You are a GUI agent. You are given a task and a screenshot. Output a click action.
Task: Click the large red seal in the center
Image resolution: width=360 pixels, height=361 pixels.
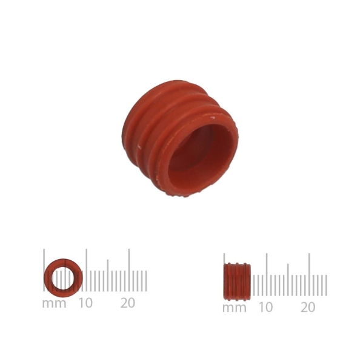(x=179, y=138)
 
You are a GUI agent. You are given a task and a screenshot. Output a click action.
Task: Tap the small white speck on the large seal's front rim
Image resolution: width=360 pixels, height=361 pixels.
(x=213, y=118)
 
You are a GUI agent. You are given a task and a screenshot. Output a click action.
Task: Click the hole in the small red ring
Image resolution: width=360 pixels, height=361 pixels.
(x=63, y=278)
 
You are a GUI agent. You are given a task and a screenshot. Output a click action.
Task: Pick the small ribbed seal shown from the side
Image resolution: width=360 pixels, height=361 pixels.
(x=237, y=282)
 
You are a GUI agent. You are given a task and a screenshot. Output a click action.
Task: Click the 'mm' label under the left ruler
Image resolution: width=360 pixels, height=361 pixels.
(x=55, y=304)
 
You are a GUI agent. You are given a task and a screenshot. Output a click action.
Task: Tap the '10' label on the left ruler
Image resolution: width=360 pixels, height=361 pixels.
(x=85, y=303)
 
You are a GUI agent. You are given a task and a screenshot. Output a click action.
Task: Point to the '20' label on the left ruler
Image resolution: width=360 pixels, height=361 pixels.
(x=128, y=303)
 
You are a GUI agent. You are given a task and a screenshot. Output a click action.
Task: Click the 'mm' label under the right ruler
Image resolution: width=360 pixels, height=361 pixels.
(x=235, y=308)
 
